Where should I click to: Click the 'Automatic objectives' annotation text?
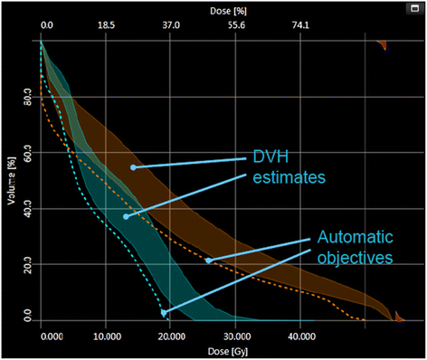coord(356,246)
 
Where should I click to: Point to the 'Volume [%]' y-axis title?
coord(14,177)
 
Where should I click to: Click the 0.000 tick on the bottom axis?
coord(54,336)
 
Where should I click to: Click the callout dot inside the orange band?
coord(133,167)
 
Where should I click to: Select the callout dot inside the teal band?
coord(126,216)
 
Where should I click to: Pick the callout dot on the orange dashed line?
coord(208,261)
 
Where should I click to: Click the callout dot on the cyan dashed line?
coord(164,313)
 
